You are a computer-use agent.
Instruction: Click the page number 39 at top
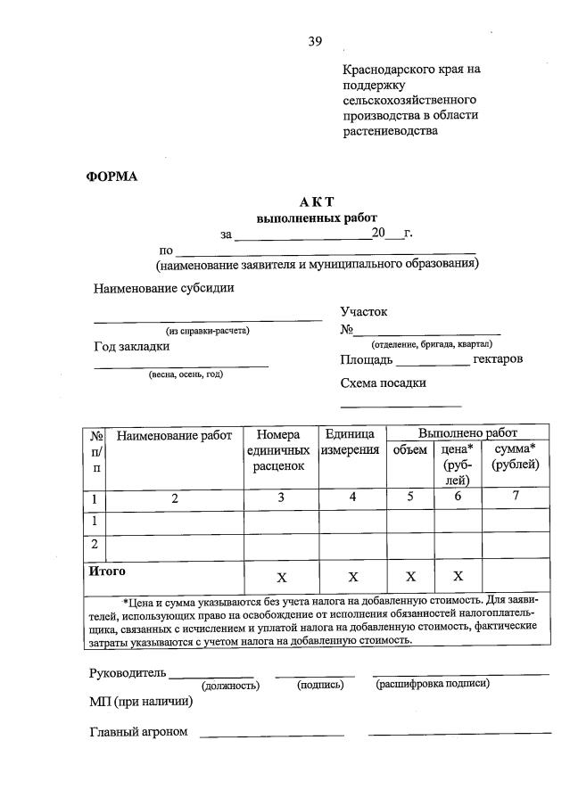(x=315, y=41)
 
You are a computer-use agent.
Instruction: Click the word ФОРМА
(x=112, y=176)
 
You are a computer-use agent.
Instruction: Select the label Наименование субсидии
(x=164, y=288)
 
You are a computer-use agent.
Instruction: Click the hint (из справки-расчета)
(x=208, y=331)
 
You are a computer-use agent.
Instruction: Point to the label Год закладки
(x=131, y=347)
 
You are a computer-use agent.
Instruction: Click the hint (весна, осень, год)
(x=186, y=374)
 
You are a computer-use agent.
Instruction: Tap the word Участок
(x=364, y=312)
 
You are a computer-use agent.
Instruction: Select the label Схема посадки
(x=383, y=382)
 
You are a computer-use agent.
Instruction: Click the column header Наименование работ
(x=174, y=436)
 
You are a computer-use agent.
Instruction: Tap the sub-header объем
(x=410, y=450)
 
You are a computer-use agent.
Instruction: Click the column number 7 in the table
(x=515, y=497)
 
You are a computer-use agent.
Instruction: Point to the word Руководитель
(x=127, y=671)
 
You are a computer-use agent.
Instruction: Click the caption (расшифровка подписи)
(x=433, y=684)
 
